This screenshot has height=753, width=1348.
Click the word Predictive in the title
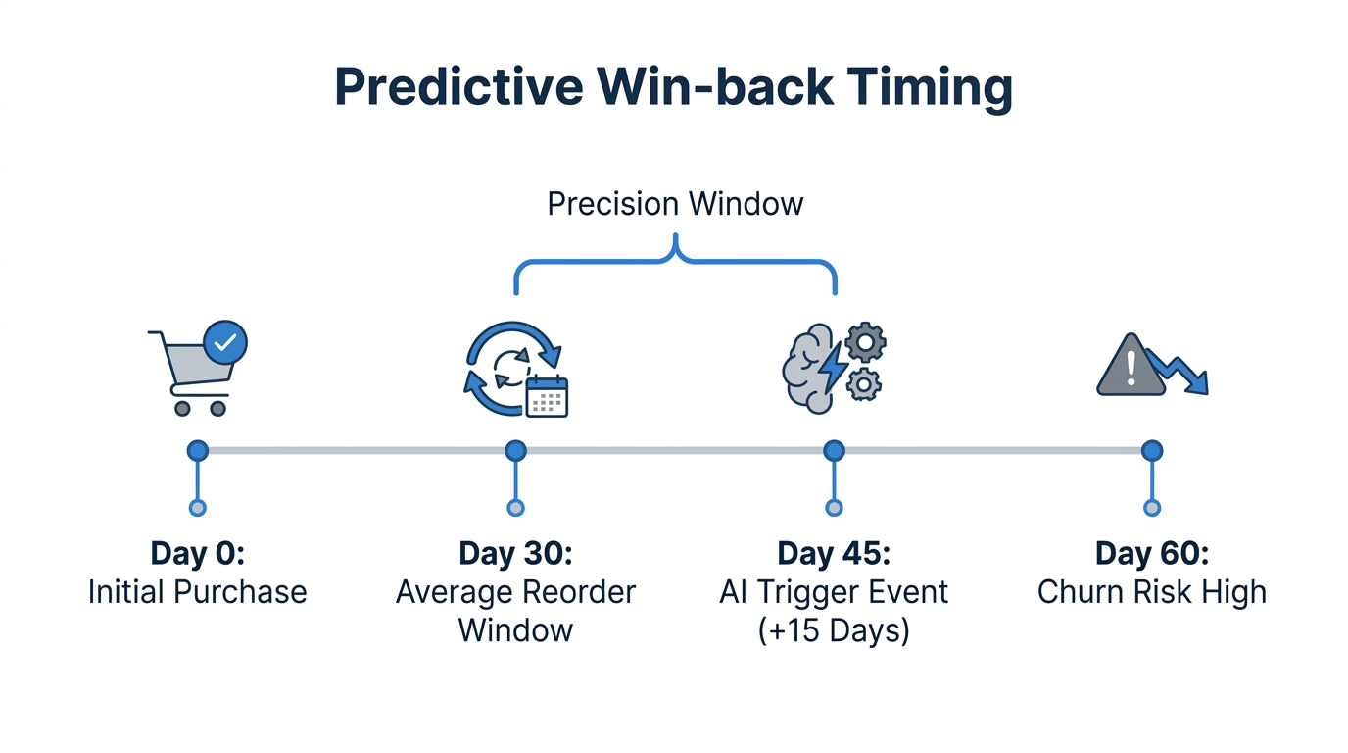point(458,88)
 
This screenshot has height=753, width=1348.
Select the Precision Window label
point(675,204)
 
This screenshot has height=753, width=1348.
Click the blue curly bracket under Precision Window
point(675,257)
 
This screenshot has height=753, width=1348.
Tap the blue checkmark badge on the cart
point(225,342)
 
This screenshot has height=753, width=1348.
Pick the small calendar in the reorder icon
point(547,396)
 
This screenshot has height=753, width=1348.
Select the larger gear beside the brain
point(865,343)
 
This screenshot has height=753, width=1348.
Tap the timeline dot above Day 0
point(198,451)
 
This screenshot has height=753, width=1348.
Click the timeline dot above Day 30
point(515,451)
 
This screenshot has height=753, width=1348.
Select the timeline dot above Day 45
point(834,451)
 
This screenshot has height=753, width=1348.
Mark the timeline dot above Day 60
point(1152,451)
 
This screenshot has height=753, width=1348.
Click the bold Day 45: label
point(834,553)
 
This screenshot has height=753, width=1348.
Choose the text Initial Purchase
point(198,592)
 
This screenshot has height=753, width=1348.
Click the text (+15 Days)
point(834,630)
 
